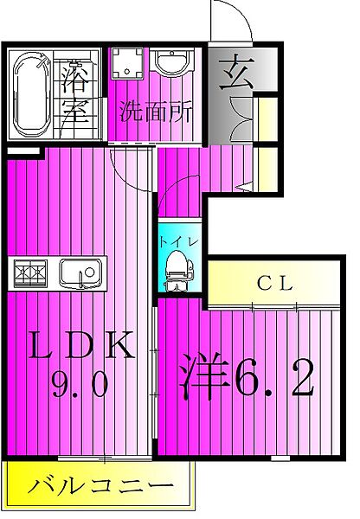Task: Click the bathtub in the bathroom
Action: (x=31, y=95)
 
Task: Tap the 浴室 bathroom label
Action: (x=76, y=93)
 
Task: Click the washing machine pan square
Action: (x=127, y=63)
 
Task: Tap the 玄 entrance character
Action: (x=237, y=72)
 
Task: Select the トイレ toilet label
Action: (x=178, y=241)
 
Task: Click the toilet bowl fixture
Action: (x=178, y=270)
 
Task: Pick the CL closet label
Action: (x=275, y=284)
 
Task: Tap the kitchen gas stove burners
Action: (x=30, y=272)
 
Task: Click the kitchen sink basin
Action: (x=80, y=272)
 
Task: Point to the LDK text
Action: (x=81, y=345)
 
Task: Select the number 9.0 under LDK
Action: (x=80, y=383)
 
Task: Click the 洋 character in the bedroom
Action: (x=204, y=376)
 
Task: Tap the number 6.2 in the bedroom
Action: (x=274, y=378)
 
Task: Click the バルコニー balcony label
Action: (x=100, y=486)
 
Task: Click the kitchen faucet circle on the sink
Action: (x=89, y=272)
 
